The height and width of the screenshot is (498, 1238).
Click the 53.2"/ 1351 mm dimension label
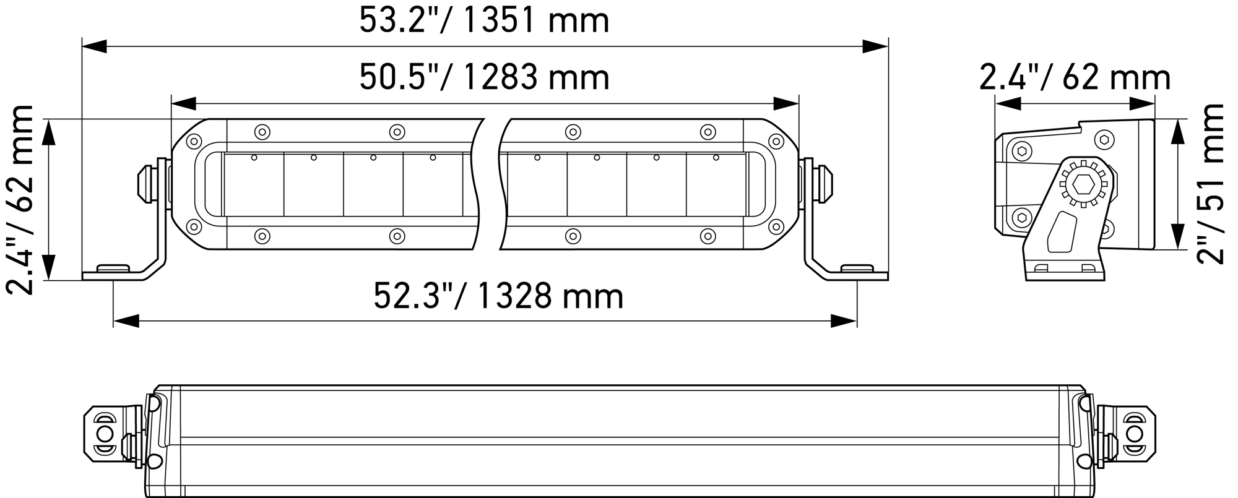click(x=484, y=20)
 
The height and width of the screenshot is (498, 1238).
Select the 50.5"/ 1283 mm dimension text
click(x=484, y=78)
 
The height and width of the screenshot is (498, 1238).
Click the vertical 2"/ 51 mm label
click(x=1210, y=184)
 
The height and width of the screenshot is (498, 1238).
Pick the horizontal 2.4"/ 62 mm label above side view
click(x=1075, y=78)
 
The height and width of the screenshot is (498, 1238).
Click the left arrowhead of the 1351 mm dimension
click(x=95, y=46)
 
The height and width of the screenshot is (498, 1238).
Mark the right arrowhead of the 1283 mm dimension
click(x=786, y=103)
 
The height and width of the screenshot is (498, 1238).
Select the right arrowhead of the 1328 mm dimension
click(x=844, y=321)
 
